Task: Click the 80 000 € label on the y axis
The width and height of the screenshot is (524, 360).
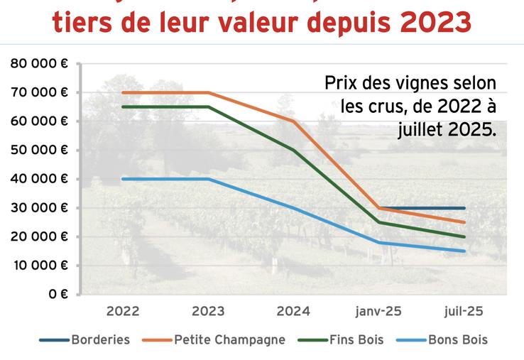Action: (39, 63)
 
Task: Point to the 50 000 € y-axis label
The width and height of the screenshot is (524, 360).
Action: (39, 150)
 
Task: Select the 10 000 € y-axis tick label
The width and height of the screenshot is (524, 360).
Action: (39, 266)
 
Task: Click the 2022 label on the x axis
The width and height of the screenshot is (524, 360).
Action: (123, 312)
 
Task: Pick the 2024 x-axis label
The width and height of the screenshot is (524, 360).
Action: (294, 312)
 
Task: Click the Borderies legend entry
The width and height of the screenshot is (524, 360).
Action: (100, 339)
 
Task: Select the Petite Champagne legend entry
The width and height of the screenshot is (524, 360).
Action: (229, 339)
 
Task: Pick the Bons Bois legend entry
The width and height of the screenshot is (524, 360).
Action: (458, 339)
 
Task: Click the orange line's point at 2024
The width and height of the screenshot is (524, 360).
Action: (294, 121)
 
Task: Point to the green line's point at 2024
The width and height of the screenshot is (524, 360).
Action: (294, 150)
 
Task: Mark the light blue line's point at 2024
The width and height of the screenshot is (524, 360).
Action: (294, 207)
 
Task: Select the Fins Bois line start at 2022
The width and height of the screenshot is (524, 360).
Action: (123, 107)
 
